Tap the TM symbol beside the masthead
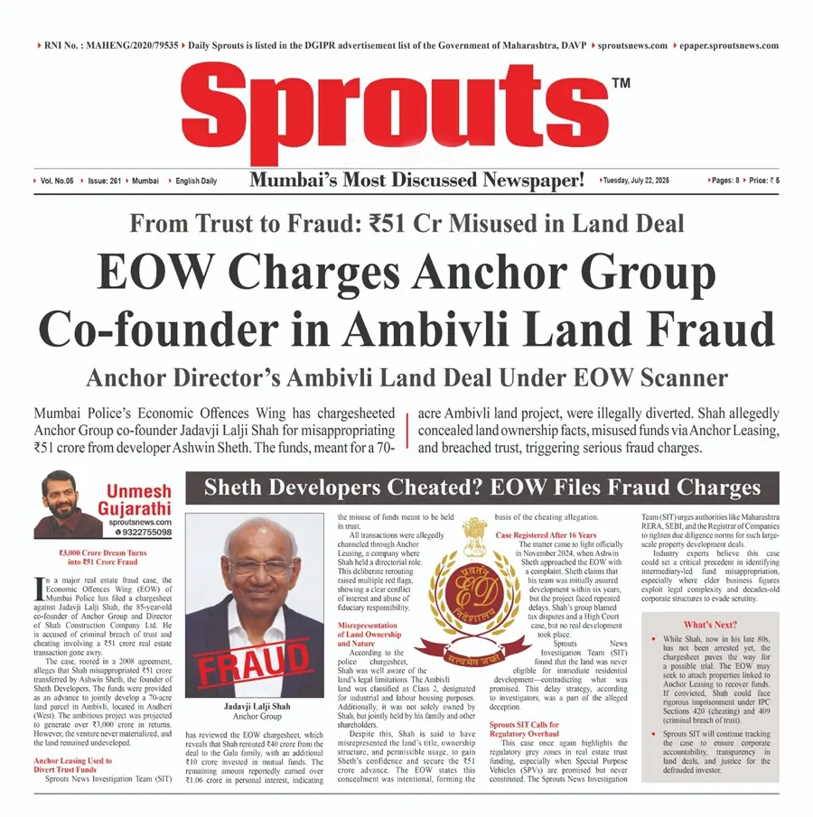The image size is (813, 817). (x=621, y=84)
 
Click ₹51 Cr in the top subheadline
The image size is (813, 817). (x=438, y=223)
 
